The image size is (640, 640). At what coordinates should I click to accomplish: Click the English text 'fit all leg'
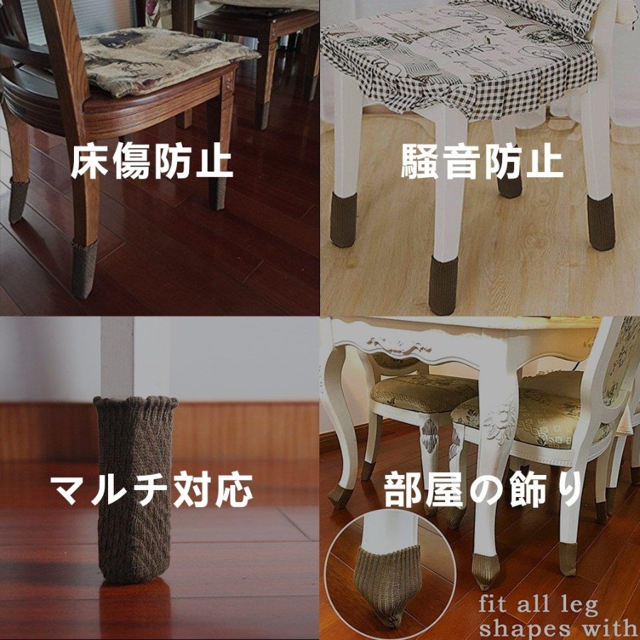pyautogui.click(x=538, y=605)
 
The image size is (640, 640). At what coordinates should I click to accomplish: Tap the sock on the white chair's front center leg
pyautogui.click(x=444, y=285)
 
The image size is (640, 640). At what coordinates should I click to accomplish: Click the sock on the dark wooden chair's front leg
pyautogui.click(x=85, y=270)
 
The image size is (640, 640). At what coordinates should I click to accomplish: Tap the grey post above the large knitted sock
pyautogui.click(x=117, y=358)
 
